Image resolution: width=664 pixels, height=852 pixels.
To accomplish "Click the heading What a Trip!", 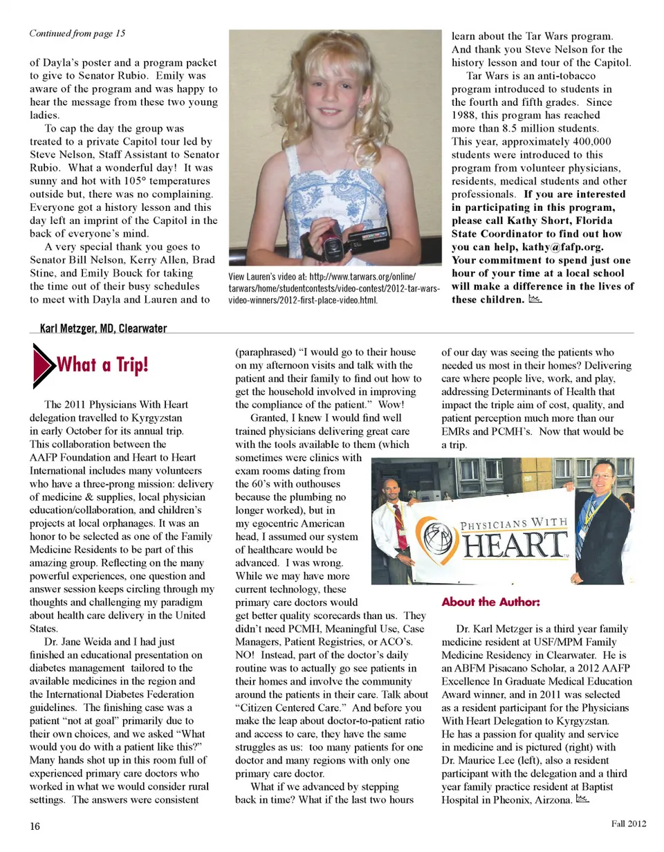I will (x=102, y=364).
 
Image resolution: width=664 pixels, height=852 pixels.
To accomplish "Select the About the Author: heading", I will (x=490, y=602).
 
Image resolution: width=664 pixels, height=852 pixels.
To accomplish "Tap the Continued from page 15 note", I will (x=77, y=33).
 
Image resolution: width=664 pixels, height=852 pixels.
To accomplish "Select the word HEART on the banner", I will (x=513, y=547).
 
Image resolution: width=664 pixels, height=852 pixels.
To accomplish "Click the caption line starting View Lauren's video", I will (x=322, y=278).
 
